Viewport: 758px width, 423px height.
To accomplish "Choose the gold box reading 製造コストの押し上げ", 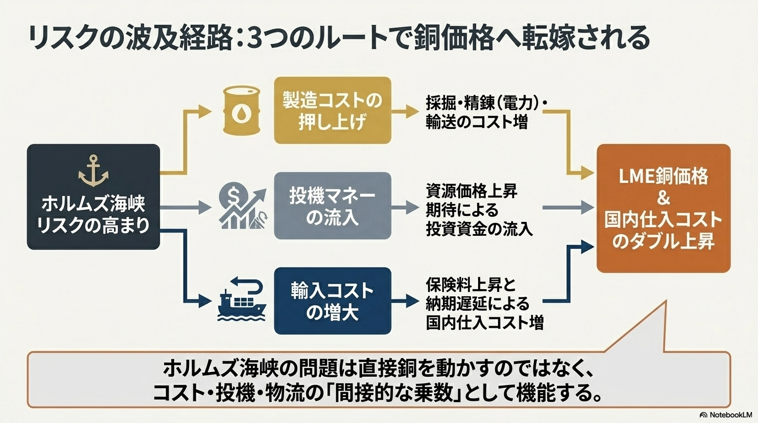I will [x=332, y=111].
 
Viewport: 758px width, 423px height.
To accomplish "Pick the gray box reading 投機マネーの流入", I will [x=332, y=205].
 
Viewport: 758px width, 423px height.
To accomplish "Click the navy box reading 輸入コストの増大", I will [x=332, y=301].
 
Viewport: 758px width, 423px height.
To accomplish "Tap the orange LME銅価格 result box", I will [x=663, y=208].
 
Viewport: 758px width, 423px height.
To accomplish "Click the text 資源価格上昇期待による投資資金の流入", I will [x=479, y=210].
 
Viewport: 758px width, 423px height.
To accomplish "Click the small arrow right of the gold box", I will [x=412, y=111].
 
